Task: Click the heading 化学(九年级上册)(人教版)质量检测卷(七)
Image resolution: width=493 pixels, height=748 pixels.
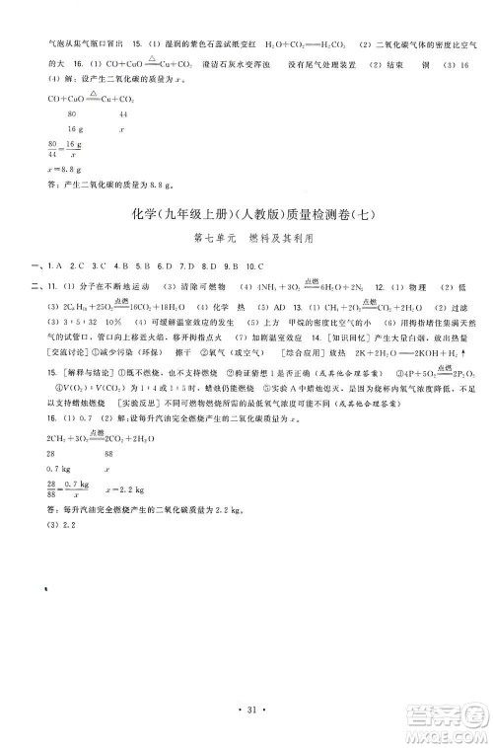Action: pyautogui.click(x=246, y=216)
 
